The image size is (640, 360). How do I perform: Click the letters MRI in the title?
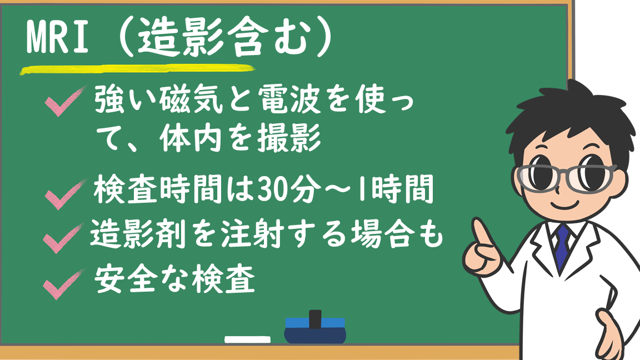pos(57,38)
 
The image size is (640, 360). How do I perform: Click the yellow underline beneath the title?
pos(137,69)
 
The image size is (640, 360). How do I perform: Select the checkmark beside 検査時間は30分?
pos(66,194)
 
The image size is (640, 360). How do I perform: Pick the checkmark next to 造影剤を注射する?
pos(63,238)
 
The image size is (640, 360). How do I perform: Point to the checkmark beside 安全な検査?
pos(63,284)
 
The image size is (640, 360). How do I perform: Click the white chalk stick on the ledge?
pos(247,339)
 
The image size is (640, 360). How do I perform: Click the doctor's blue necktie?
pos(562,246)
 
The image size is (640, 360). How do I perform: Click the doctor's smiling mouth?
pos(566,204)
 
